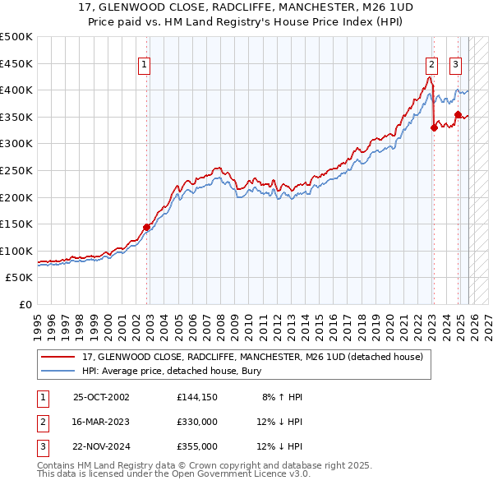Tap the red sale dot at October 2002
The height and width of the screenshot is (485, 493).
coord(147,227)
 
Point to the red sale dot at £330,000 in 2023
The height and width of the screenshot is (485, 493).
coord(434,127)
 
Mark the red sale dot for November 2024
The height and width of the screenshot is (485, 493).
coord(458,114)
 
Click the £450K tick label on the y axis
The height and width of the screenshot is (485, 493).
coord(16,63)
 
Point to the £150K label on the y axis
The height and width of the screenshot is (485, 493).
coord(16,224)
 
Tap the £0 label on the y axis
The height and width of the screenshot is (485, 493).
coord(25,304)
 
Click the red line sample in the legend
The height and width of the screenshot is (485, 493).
coord(58,357)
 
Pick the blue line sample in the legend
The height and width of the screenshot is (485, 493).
coord(58,372)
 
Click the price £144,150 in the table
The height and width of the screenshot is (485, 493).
coord(196,397)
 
